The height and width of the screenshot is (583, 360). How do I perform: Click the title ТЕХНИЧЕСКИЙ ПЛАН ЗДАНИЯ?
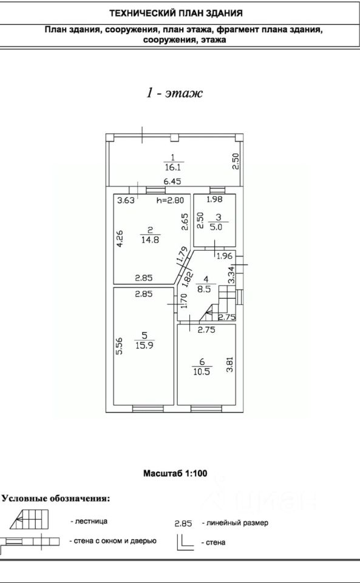tap(176, 14)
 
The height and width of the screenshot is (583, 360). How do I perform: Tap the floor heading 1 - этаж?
tap(175, 92)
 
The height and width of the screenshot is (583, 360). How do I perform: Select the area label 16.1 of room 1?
tap(172, 168)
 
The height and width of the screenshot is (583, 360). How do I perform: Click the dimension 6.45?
tap(173, 182)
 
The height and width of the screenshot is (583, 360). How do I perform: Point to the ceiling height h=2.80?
tap(170, 200)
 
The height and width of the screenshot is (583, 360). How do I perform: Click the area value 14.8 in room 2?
tap(150, 240)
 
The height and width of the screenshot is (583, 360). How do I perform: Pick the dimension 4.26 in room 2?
tap(120, 239)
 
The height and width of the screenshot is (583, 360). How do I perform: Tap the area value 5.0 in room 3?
tap(216, 227)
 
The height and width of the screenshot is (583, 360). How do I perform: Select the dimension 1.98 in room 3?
tap(214, 199)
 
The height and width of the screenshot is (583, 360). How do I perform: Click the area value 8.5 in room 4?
tap(204, 289)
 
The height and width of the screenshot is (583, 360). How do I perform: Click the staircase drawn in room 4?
tap(219, 304)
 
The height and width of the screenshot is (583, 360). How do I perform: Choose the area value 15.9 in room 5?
tap(144, 345)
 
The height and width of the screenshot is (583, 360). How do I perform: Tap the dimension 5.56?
tap(119, 346)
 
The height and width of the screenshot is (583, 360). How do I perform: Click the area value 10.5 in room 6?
tap(202, 372)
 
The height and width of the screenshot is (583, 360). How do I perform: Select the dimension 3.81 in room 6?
tap(230, 364)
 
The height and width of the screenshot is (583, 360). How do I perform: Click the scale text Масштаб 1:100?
tap(175, 473)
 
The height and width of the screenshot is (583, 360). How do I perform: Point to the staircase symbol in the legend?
tap(29, 519)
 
